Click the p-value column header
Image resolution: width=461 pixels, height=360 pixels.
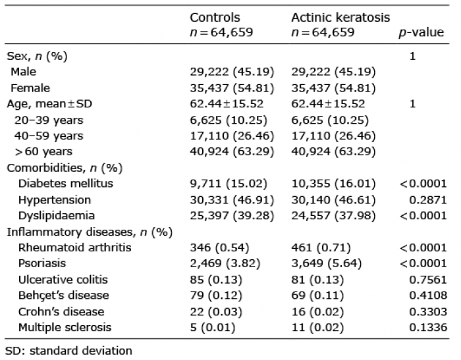pyautogui.click(x=421, y=32)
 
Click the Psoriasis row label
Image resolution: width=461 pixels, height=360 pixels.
pyautogui.click(x=42, y=263)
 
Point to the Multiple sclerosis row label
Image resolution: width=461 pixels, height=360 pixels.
pyautogui.click(x=65, y=327)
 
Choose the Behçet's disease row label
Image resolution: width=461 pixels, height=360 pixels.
pyautogui.click(x=63, y=296)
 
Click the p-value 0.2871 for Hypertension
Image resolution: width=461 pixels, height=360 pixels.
pyautogui.click(x=428, y=200)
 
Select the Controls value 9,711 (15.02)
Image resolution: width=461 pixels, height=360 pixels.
pyautogui.click(x=229, y=184)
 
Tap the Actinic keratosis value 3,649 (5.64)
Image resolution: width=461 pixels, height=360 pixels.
pyautogui.click(x=327, y=263)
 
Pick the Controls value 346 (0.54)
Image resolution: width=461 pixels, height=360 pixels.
pyautogui.click(x=219, y=247)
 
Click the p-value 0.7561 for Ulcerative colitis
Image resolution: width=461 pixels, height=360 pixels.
pyautogui.click(x=428, y=280)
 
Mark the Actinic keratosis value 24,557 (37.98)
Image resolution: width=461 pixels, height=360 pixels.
pyautogui.click(x=333, y=216)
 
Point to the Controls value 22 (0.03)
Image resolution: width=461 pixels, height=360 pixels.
pyautogui.click(x=216, y=311)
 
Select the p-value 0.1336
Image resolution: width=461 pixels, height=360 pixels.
pyautogui.click(x=428, y=327)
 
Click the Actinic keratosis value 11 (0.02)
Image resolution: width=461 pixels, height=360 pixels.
pyautogui.click(x=317, y=327)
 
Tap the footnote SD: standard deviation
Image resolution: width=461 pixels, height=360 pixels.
pyautogui.click(x=68, y=351)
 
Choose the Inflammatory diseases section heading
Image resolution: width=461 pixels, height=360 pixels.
pyautogui.click(x=90, y=232)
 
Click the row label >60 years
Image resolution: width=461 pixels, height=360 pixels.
pyautogui.click(x=43, y=151)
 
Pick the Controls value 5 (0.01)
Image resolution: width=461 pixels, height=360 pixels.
pyautogui.click(x=213, y=327)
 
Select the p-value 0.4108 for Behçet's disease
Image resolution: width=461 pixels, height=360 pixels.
pyautogui.click(x=428, y=296)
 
